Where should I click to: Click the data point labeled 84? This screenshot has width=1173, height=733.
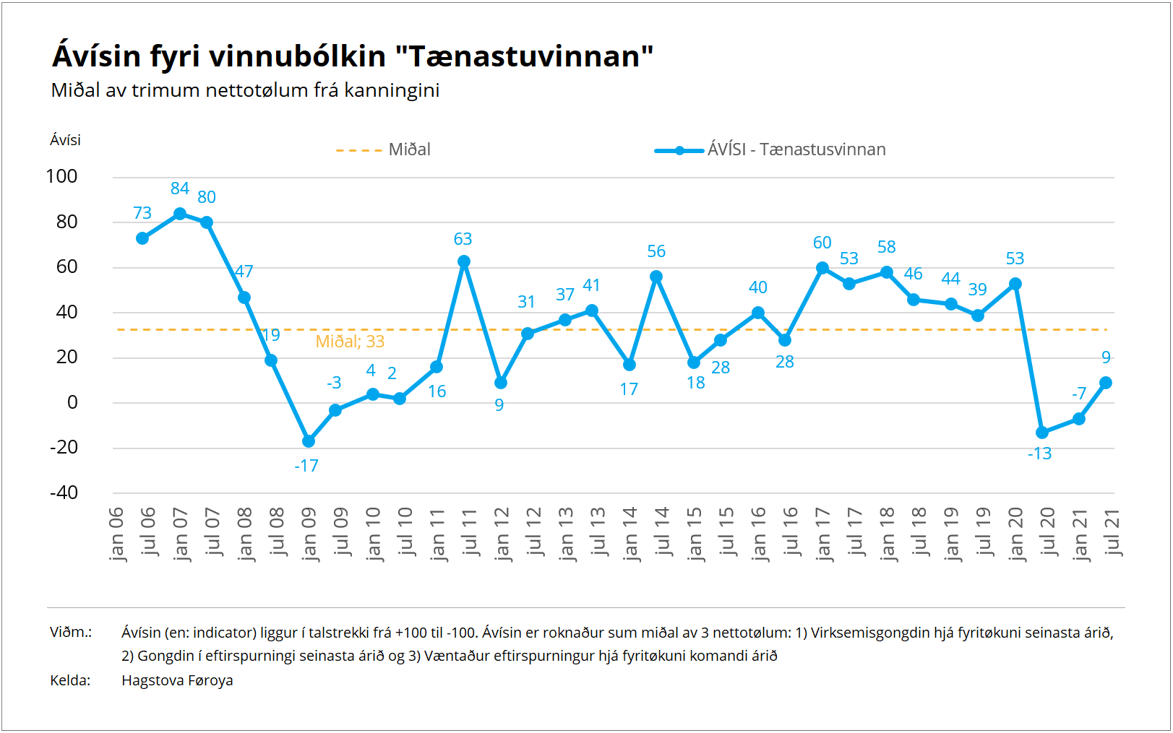180,214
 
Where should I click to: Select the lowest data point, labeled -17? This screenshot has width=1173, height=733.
309,441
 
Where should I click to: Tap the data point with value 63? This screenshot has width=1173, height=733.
464,261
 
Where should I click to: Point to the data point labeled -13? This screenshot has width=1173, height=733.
1042,433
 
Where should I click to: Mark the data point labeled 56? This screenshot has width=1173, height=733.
656,277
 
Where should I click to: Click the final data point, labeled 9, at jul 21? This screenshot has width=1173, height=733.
1106,383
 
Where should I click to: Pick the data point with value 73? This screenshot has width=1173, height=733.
142,238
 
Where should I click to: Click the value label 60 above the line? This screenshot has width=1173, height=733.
822,243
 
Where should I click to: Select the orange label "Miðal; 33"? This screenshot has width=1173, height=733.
350,342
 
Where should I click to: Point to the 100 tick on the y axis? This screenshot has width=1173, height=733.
61,176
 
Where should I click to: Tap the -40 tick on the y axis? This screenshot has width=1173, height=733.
64,493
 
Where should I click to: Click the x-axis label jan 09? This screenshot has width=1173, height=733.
309,534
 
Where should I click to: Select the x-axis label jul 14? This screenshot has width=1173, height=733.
662,531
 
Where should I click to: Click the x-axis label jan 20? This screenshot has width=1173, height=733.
1015,534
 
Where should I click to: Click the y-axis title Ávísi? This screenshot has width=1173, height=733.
65,140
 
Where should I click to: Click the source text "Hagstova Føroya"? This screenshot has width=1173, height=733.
177,680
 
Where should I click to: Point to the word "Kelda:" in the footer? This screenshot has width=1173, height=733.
70,680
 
